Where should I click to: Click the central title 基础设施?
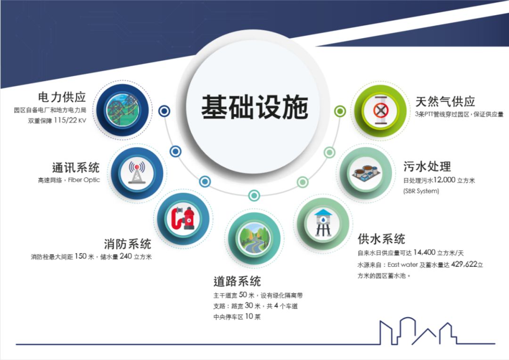tap(254, 107)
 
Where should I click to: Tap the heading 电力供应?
tap(62, 97)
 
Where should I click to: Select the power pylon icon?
tap(123, 110)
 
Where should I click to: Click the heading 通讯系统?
tap(75, 167)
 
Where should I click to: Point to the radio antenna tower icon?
tap(137, 172)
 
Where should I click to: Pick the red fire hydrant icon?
tap(183, 218)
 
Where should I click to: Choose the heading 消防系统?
tap(128, 244)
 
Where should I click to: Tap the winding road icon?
tap(254, 238)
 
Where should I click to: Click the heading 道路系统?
tap(237, 281)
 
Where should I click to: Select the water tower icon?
tap(323, 223)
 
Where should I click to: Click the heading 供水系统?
tap(381, 239)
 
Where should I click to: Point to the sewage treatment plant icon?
tap(366, 173)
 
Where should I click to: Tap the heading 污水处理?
tap(427, 166)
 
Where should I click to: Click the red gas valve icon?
tap(380, 110)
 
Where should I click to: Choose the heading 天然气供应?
tap(445, 102)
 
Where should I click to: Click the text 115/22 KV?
tap(70, 121)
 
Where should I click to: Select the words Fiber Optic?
tap(84, 180)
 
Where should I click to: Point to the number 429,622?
tap(464, 264)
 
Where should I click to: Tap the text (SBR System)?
tap(421, 191)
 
